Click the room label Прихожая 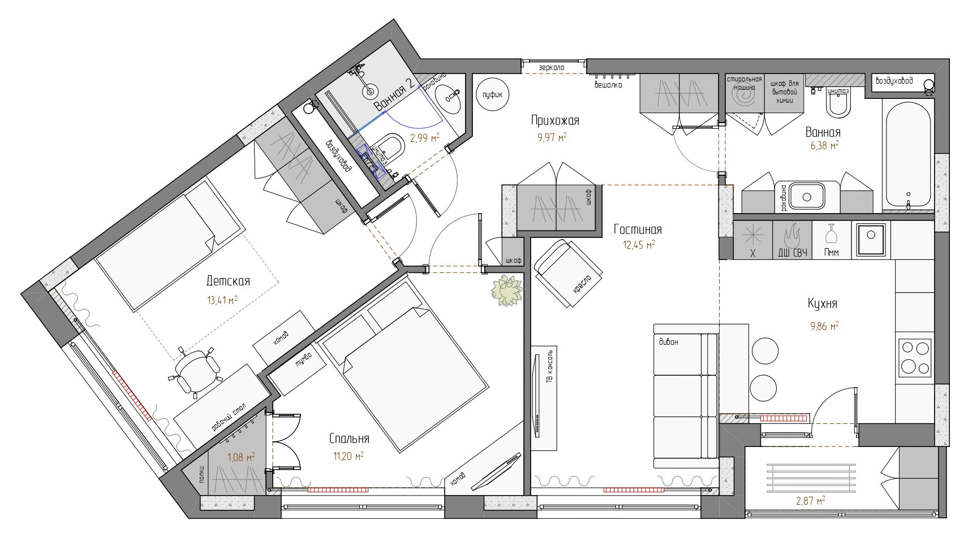click(555, 120)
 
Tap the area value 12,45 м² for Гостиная click(638, 245)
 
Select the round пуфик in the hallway click(493, 94)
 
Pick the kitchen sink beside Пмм click(871, 240)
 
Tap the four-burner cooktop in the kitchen click(915, 358)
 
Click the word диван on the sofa click(669, 342)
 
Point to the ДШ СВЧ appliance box click(792, 240)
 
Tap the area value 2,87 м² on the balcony click(810, 501)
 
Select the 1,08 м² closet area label click(240, 457)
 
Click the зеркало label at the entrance click(552, 68)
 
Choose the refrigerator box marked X click(753, 240)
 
